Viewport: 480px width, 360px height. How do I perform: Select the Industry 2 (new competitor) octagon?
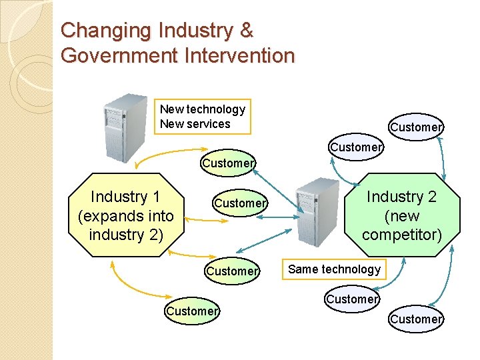[401, 215]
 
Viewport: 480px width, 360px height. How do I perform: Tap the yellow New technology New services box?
[203, 117]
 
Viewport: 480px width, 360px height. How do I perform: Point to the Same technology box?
[334, 269]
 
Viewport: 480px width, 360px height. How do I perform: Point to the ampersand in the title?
[246, 31]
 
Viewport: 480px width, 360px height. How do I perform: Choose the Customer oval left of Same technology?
[231, 271]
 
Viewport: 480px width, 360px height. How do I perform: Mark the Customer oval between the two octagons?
[240, 203]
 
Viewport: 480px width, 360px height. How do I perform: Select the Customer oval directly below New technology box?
[228, 163]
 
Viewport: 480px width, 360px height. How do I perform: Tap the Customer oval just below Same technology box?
[352, 299]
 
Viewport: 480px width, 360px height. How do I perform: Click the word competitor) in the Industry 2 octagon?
[401, 234]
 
